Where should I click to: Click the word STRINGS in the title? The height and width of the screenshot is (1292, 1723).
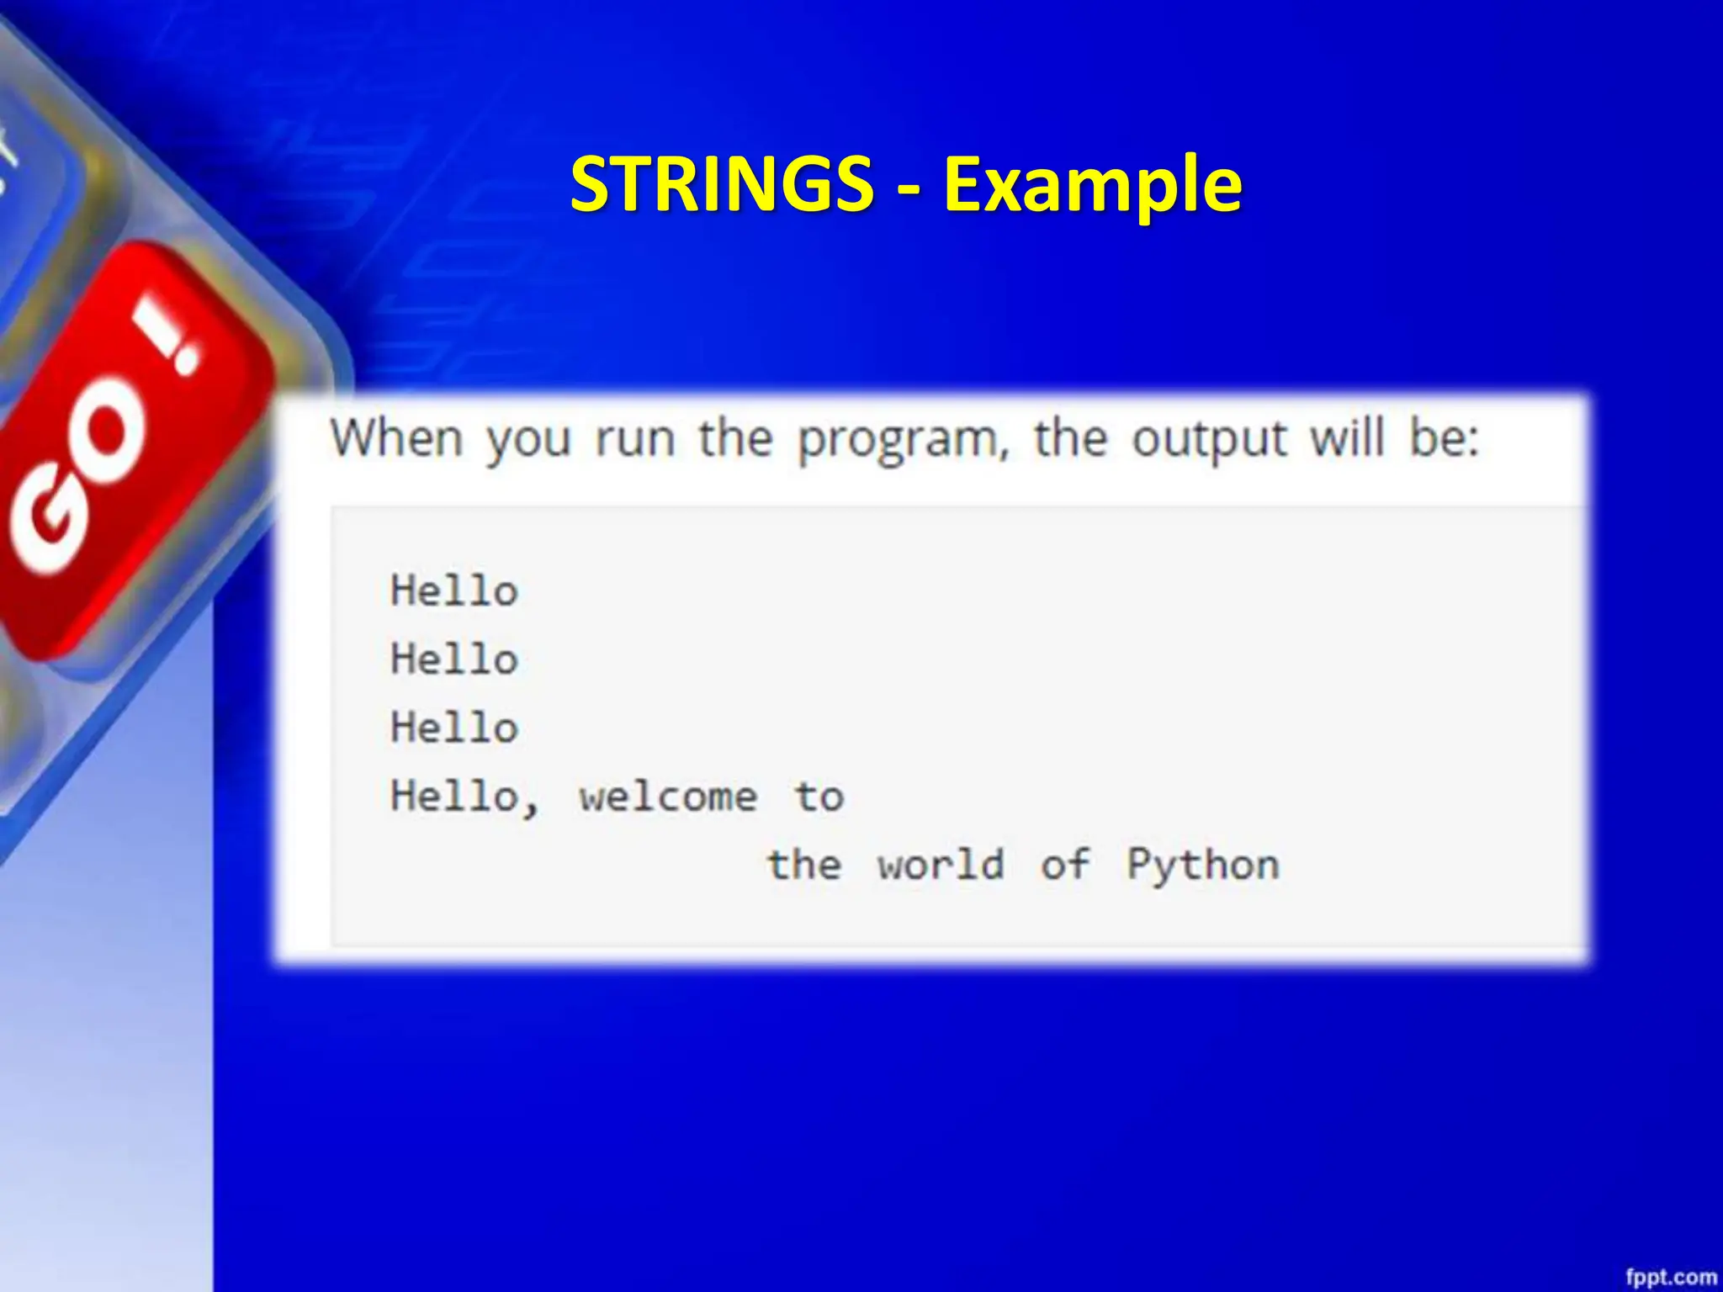pos(722,184)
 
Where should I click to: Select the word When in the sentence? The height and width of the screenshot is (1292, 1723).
pos(396,438)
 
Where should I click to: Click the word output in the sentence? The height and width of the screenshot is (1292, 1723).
pos(1209,440)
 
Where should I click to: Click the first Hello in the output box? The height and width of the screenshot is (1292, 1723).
pos(454,590)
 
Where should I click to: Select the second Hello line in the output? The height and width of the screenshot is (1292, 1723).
pos(454,659)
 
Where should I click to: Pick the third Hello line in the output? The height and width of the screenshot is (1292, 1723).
pos(454,728)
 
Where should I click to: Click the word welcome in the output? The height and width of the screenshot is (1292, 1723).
pos(668,797)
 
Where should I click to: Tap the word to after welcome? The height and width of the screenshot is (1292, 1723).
pos(819,796)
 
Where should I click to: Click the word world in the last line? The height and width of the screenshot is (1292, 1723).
pos(941,864)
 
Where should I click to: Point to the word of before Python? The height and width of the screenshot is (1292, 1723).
pos(1065,864)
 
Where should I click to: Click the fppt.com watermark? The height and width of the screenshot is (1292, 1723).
pos(1670,1276)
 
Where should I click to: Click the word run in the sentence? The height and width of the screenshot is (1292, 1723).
pos(635,440)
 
